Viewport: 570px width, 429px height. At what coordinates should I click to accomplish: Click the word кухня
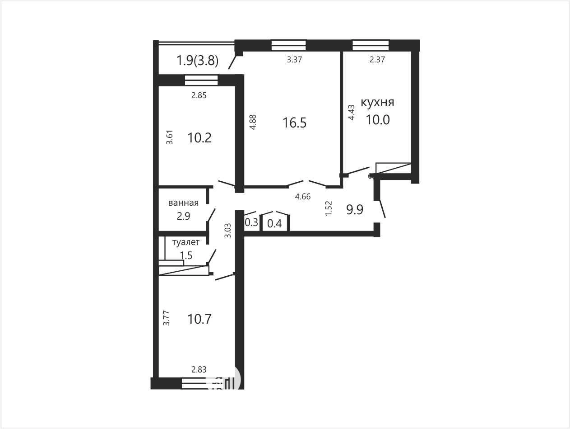(377, 102)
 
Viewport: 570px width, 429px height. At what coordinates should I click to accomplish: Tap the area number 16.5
(295, 123)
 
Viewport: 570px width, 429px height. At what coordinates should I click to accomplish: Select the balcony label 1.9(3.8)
(197, 61)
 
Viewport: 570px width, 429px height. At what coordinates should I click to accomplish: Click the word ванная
(183, 203)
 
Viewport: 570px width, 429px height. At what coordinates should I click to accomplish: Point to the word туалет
(186, 242)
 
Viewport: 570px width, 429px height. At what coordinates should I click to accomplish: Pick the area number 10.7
(199, 319)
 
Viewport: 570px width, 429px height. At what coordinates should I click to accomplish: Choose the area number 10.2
(199, 138)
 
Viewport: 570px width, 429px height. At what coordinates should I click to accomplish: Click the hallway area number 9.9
(355, 209)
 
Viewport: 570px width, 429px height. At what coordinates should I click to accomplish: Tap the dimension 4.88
(253, 122)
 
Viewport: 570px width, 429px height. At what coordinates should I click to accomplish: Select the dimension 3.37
(294, 60)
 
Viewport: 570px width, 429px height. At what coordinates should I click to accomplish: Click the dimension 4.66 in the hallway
(303, 197)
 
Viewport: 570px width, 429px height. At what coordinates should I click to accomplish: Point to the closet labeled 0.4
(274, 223)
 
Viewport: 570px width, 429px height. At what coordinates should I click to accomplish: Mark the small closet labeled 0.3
(251, 222)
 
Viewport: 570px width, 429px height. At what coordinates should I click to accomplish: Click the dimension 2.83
(199, 369)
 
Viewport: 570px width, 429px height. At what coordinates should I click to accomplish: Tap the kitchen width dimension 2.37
(377, 60)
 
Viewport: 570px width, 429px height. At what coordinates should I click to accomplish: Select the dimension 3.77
(166, 318)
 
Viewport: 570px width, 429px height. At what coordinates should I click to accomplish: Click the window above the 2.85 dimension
(201, 80)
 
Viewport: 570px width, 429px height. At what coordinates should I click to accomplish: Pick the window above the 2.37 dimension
(371, 45)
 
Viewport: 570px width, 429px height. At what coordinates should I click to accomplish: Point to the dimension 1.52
(329, 208)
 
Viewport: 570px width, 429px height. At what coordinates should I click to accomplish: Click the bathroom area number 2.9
(183, 216)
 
